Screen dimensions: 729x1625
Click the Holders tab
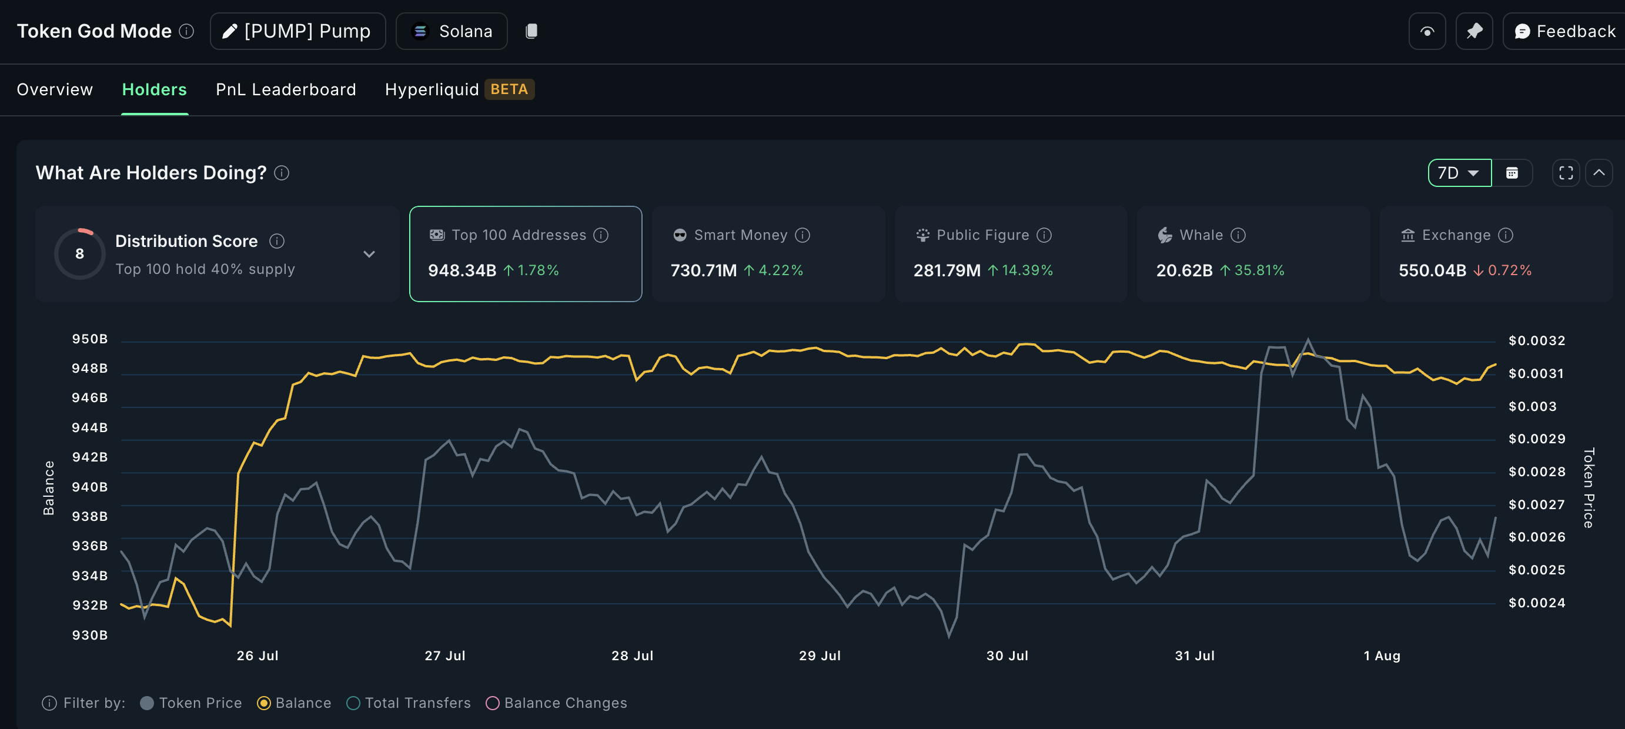coord(154,89)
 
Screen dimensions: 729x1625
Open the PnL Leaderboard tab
coord(286,89)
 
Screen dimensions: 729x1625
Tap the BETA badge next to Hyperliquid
coord(509,89)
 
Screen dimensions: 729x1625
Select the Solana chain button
coord(452,31)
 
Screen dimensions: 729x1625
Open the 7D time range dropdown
coord(1459,173)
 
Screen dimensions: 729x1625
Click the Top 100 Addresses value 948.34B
coord(462,270)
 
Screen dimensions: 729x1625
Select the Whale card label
coord(1201,235)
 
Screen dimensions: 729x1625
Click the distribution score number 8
coord(79,253)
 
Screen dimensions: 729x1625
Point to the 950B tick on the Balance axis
coord(89,339)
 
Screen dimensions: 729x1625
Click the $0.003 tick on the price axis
coord(1532,406)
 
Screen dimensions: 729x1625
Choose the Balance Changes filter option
coord(564,703)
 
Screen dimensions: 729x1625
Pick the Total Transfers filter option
coord(417,703)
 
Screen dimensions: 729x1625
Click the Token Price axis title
coord(1589,487)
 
